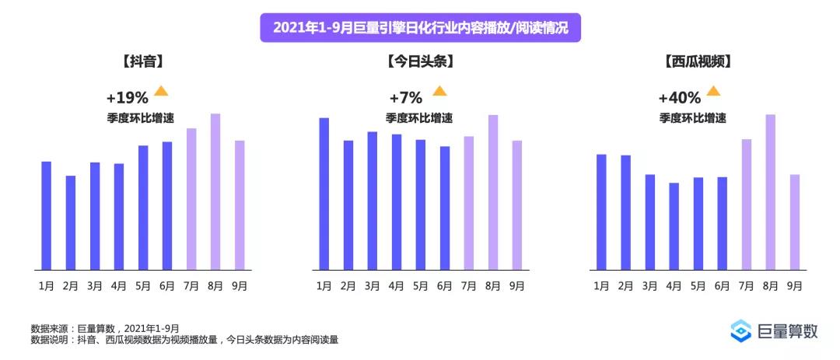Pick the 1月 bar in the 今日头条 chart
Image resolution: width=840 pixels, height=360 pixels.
tap(324, 194)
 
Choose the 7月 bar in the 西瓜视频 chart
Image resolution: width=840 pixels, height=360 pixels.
tap(747, 205)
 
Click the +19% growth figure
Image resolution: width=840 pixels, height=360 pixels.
tap(127, 98)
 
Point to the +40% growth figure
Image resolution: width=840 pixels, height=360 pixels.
tap(679, 98)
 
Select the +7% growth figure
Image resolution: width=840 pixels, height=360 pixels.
tap(405, 98)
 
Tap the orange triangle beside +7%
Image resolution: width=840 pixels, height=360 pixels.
tap(439, 91)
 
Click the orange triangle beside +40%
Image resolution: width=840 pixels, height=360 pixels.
tap(713, 91)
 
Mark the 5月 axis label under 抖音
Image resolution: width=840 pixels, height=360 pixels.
tap(143, 285)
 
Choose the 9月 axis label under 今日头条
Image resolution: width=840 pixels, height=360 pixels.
tap(517, 285)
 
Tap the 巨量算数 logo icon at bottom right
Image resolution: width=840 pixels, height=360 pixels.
tap(741, 330)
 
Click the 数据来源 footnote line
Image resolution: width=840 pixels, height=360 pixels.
tap(105, 328)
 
